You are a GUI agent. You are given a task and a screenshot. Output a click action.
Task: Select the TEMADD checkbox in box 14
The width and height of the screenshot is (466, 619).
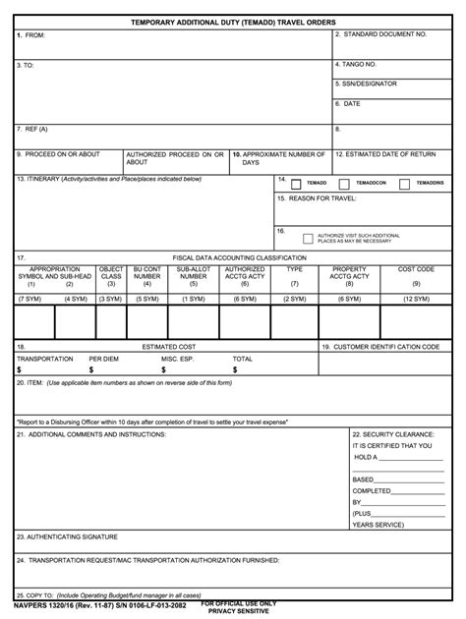pos(295,183)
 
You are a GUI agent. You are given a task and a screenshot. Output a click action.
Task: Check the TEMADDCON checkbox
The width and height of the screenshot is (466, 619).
pos(343,183)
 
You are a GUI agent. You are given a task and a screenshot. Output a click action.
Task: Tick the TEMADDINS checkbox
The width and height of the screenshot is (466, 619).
pos(400,183)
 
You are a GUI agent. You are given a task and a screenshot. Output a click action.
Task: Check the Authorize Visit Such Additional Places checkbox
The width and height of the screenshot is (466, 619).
pos(308,238)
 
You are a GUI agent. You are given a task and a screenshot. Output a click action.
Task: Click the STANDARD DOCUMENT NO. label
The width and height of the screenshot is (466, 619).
pos(381,34)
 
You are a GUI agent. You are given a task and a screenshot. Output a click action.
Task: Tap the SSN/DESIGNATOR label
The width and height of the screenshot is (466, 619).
pos(366,84)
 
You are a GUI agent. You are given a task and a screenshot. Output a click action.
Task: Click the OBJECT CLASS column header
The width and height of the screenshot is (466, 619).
pos(111,272)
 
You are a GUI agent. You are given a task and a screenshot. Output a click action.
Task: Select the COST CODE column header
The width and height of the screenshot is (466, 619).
pos(416,268)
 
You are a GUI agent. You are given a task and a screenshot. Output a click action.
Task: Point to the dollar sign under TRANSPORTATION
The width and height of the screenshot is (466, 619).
pos(20,370)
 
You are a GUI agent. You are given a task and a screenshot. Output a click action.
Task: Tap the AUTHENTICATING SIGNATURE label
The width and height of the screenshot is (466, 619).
pos(68,536)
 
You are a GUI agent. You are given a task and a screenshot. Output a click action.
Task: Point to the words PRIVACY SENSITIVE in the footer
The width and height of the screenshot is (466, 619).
pos(240,611)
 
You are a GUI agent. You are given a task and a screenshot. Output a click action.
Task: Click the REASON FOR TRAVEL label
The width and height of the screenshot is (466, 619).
pos(318,198)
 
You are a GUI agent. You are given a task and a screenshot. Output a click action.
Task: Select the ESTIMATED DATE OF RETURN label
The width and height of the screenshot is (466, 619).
pos(385,154)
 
